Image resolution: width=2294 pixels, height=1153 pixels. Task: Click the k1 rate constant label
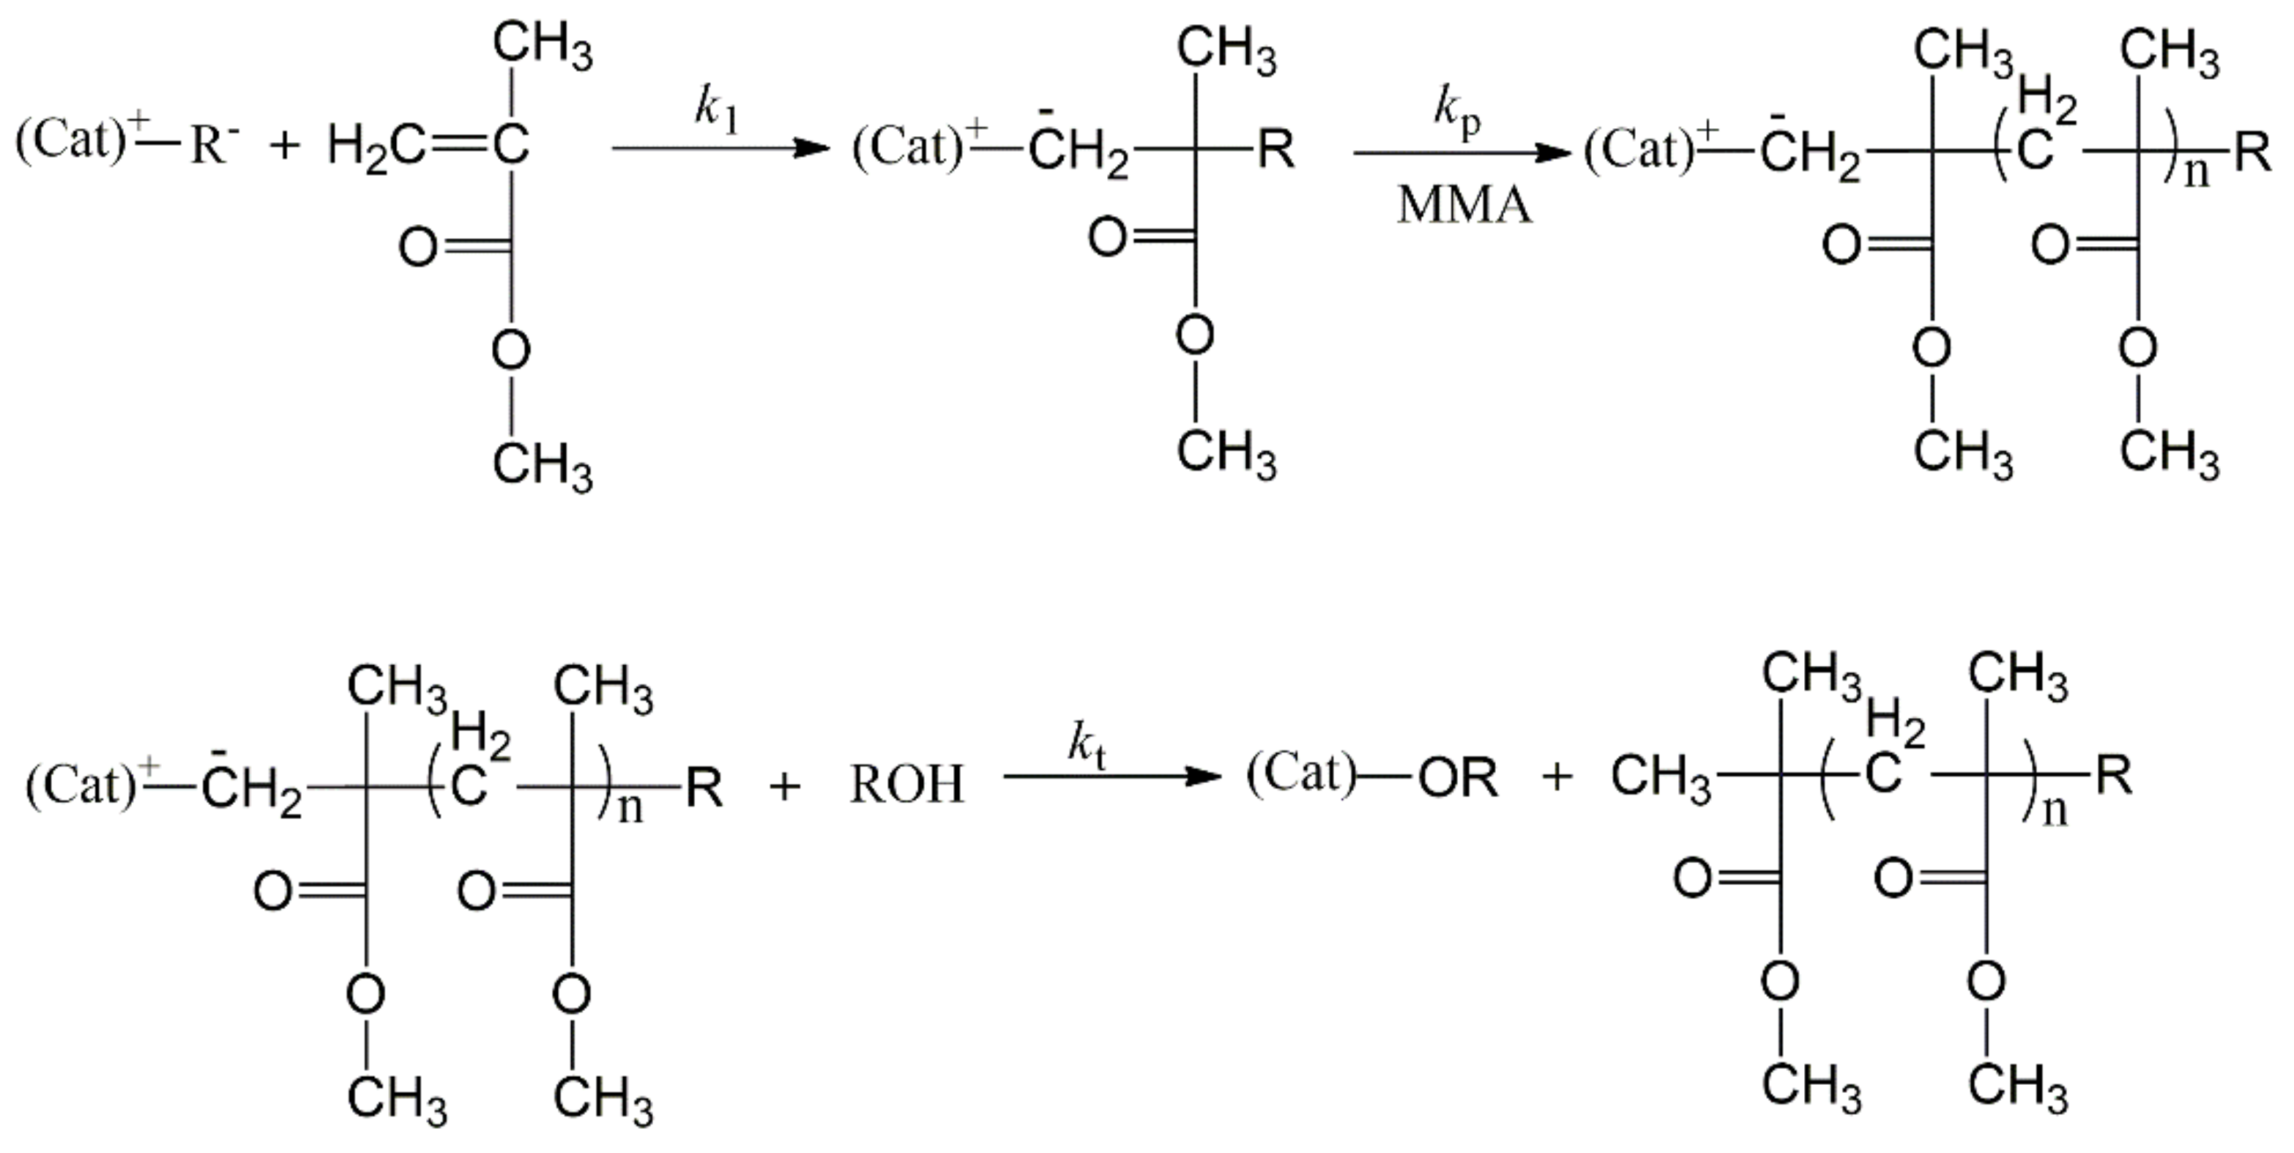pos(717,112)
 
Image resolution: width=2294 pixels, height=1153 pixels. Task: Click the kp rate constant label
pos(1457,112)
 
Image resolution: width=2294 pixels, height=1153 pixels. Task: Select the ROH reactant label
pos(907,784)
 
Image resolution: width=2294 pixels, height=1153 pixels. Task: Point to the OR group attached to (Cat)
pos(1458,778)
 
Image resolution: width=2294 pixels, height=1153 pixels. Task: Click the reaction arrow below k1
pos(720,148)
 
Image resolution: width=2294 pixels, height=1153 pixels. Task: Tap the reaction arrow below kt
pos(1111,777)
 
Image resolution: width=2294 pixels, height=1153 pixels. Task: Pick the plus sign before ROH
pos(784,786)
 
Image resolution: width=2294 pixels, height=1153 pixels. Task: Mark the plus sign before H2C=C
pos(285,146)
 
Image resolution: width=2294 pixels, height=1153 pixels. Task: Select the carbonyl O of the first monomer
pos(417,247)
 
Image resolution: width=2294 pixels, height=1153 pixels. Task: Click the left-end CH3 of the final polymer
pos(1660,778)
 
